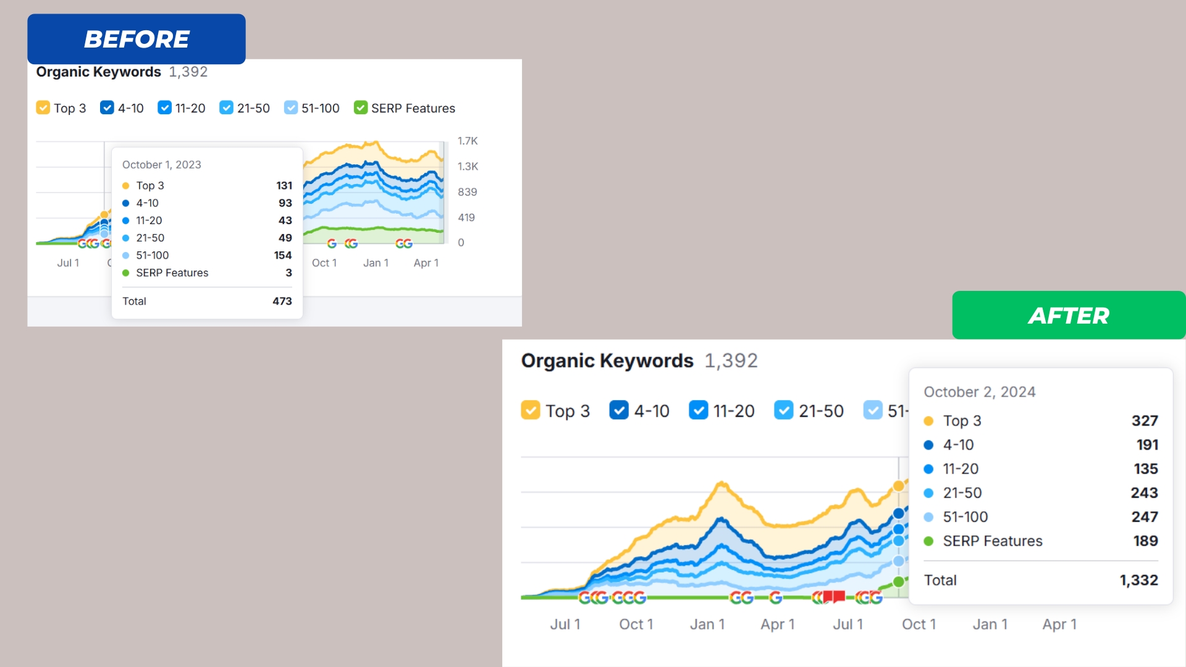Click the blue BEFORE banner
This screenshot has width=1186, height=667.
tap(137, 39)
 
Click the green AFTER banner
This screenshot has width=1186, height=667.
tap(1068, 316)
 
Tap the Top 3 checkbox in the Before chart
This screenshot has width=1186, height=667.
tap(43, 108)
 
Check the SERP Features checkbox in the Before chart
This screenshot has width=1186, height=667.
tap(361, 108)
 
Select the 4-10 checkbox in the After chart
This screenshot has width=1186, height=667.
tap(618, 410)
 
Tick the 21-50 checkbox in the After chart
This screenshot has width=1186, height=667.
tap(783, 410)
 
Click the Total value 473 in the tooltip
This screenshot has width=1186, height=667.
tap(282, 301)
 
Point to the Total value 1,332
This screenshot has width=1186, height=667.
tap(1138, 580)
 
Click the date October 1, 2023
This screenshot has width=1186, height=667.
tap(162, 165)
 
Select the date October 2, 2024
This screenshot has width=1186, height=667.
tap(979, 392)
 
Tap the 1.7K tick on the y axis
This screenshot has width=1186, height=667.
tap(468, 141)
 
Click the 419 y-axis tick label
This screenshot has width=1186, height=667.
tap(466, 217)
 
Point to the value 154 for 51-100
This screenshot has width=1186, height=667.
tap(282, 255)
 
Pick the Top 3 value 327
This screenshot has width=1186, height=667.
tap(1144, 421)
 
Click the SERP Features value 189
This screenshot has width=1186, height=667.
tap(1145, 541)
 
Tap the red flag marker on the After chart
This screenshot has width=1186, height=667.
tap(834, 596)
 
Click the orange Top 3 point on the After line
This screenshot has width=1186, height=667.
tap(899, 486)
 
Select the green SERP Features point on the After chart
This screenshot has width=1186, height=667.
tap(899, 581)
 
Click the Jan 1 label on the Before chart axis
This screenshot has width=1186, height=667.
tap(376, 263)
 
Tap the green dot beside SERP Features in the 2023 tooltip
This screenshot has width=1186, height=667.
tap(126, 273)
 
